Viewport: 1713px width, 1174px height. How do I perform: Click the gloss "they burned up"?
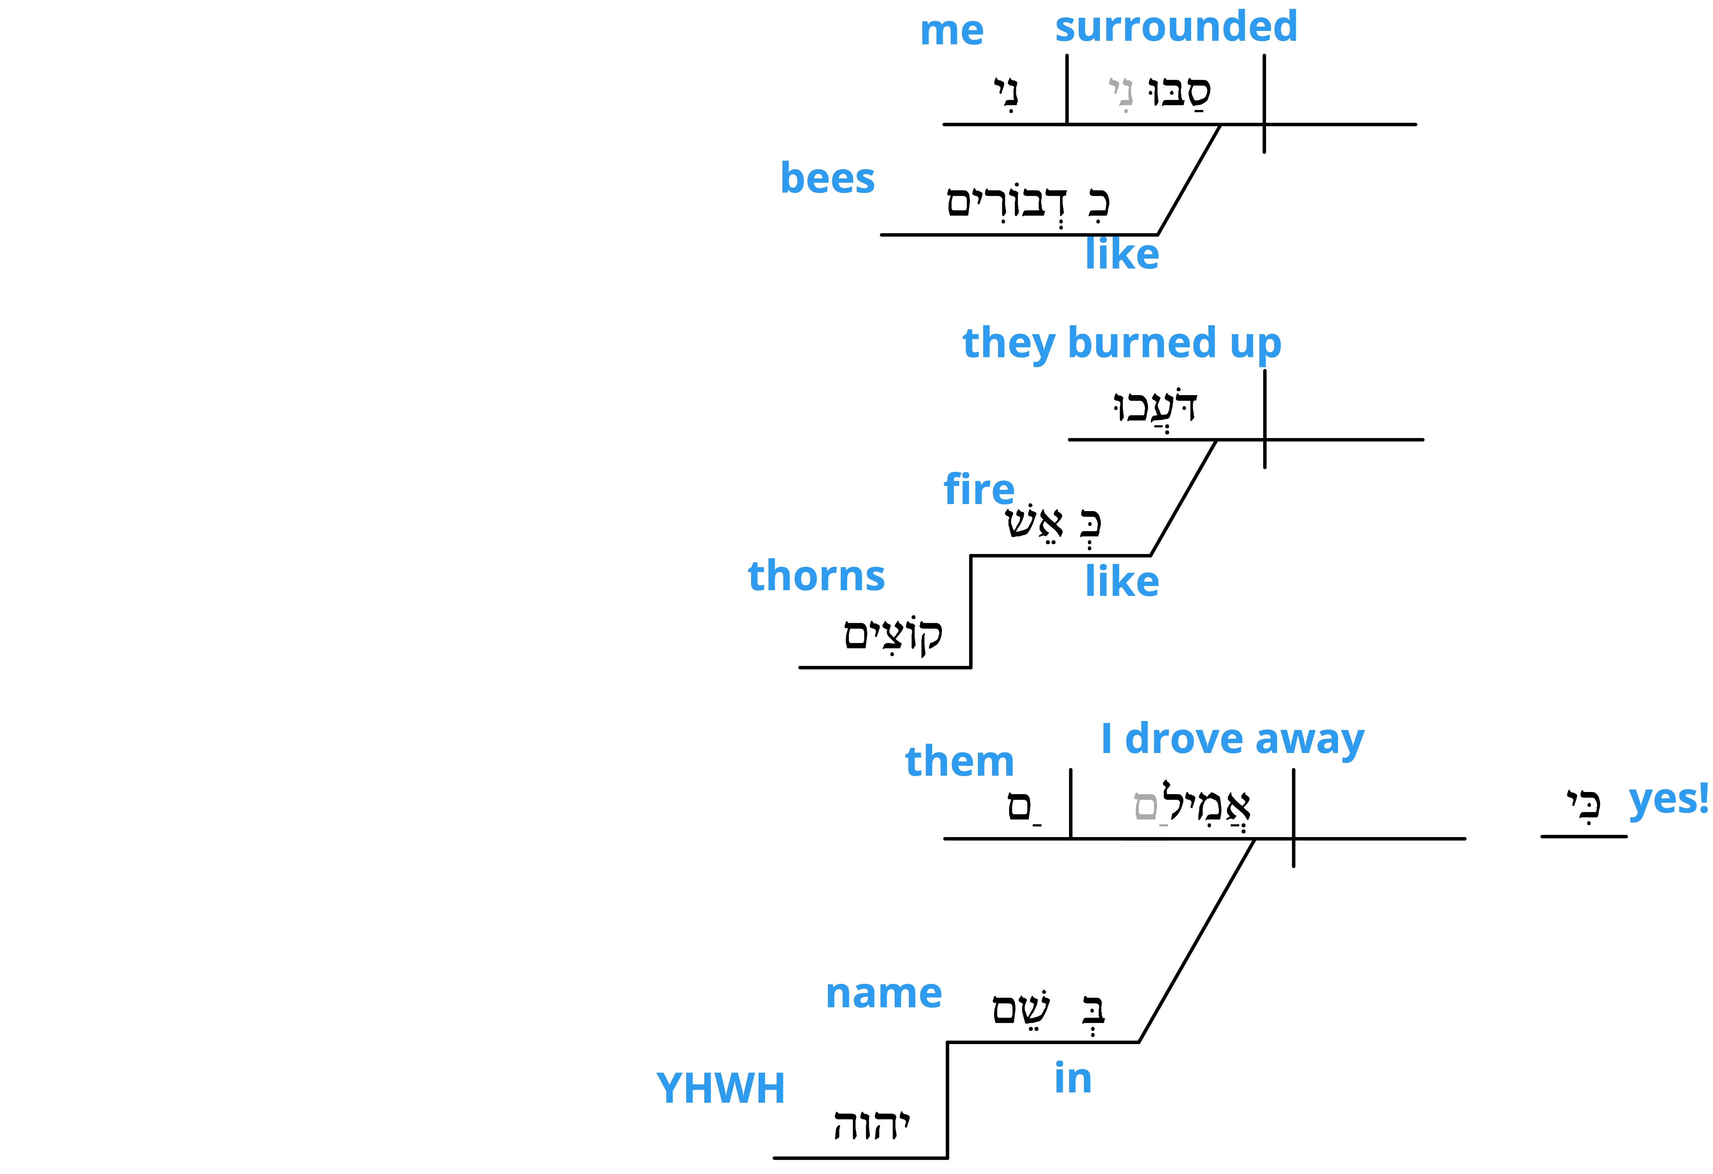point(1122,344)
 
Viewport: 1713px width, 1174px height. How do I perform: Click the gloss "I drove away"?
point(1232,740)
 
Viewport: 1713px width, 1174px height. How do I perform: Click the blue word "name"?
point(884,994)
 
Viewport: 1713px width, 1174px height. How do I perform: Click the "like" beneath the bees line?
point(1122,254)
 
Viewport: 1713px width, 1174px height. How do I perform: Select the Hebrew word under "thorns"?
point(892,634)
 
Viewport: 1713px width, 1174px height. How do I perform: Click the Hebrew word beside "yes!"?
point(1583,804)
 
